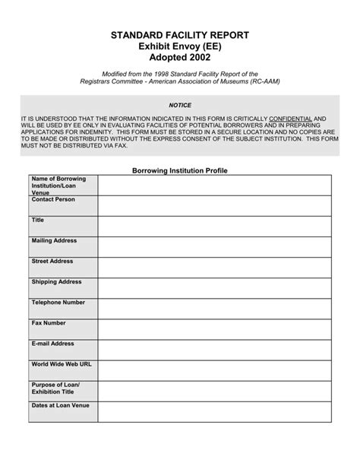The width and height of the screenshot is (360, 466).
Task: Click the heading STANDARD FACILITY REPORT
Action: pyautogui.click(x=180, y=36)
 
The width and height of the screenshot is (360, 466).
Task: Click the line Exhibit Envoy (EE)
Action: pyautogui.click(x=180, y=47)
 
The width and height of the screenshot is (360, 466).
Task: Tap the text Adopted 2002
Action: pyautogui.click(x=180, y=59)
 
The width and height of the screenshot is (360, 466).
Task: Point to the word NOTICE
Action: pyautogui.click(x=180, y=105)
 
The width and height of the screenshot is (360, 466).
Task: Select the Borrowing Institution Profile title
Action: pyautogui.click(x=180, y=171)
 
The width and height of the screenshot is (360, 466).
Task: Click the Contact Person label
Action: pyautogui.click(x=54, y=199)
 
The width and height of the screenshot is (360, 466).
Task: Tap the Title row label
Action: pyautogui.click(x=38, y=220)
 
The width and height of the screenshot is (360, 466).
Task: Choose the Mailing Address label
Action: pyautogui.click(x=54, y=240)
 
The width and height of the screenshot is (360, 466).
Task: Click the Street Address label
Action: pyautogui.click(x=52, y=261)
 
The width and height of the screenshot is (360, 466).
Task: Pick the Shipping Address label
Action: pyautogui.click(x=56, y=281)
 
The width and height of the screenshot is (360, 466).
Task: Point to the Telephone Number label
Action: pyautogui.click(x=58, y=302)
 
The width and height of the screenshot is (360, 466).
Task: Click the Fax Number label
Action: pyautogui.click(x=49, y=322)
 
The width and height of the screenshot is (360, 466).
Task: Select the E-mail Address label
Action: pyautogui.click(x=52, y=343)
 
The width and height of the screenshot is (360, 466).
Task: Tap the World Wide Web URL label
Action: pyautogui.click(x=62, y=364)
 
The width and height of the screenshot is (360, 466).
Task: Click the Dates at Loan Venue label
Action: pyautogui.click(x=60, y=405)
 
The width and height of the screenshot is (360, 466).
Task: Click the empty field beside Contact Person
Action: pyautogui.click(x=214, y=205)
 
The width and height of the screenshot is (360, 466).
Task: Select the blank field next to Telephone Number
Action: pyautogui.click(x=214, y=308)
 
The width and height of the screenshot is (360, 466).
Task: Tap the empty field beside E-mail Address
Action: pyautogui.click(x=214, y=349)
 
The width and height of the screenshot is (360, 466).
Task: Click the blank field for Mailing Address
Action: pyautogui.click(x=214, y=246)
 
